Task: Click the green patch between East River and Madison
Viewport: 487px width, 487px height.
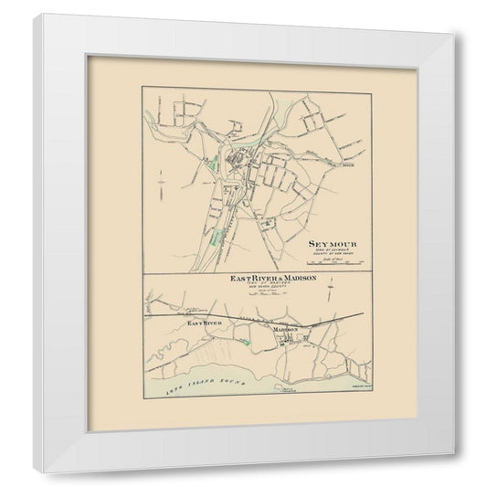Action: click(249, 342)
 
